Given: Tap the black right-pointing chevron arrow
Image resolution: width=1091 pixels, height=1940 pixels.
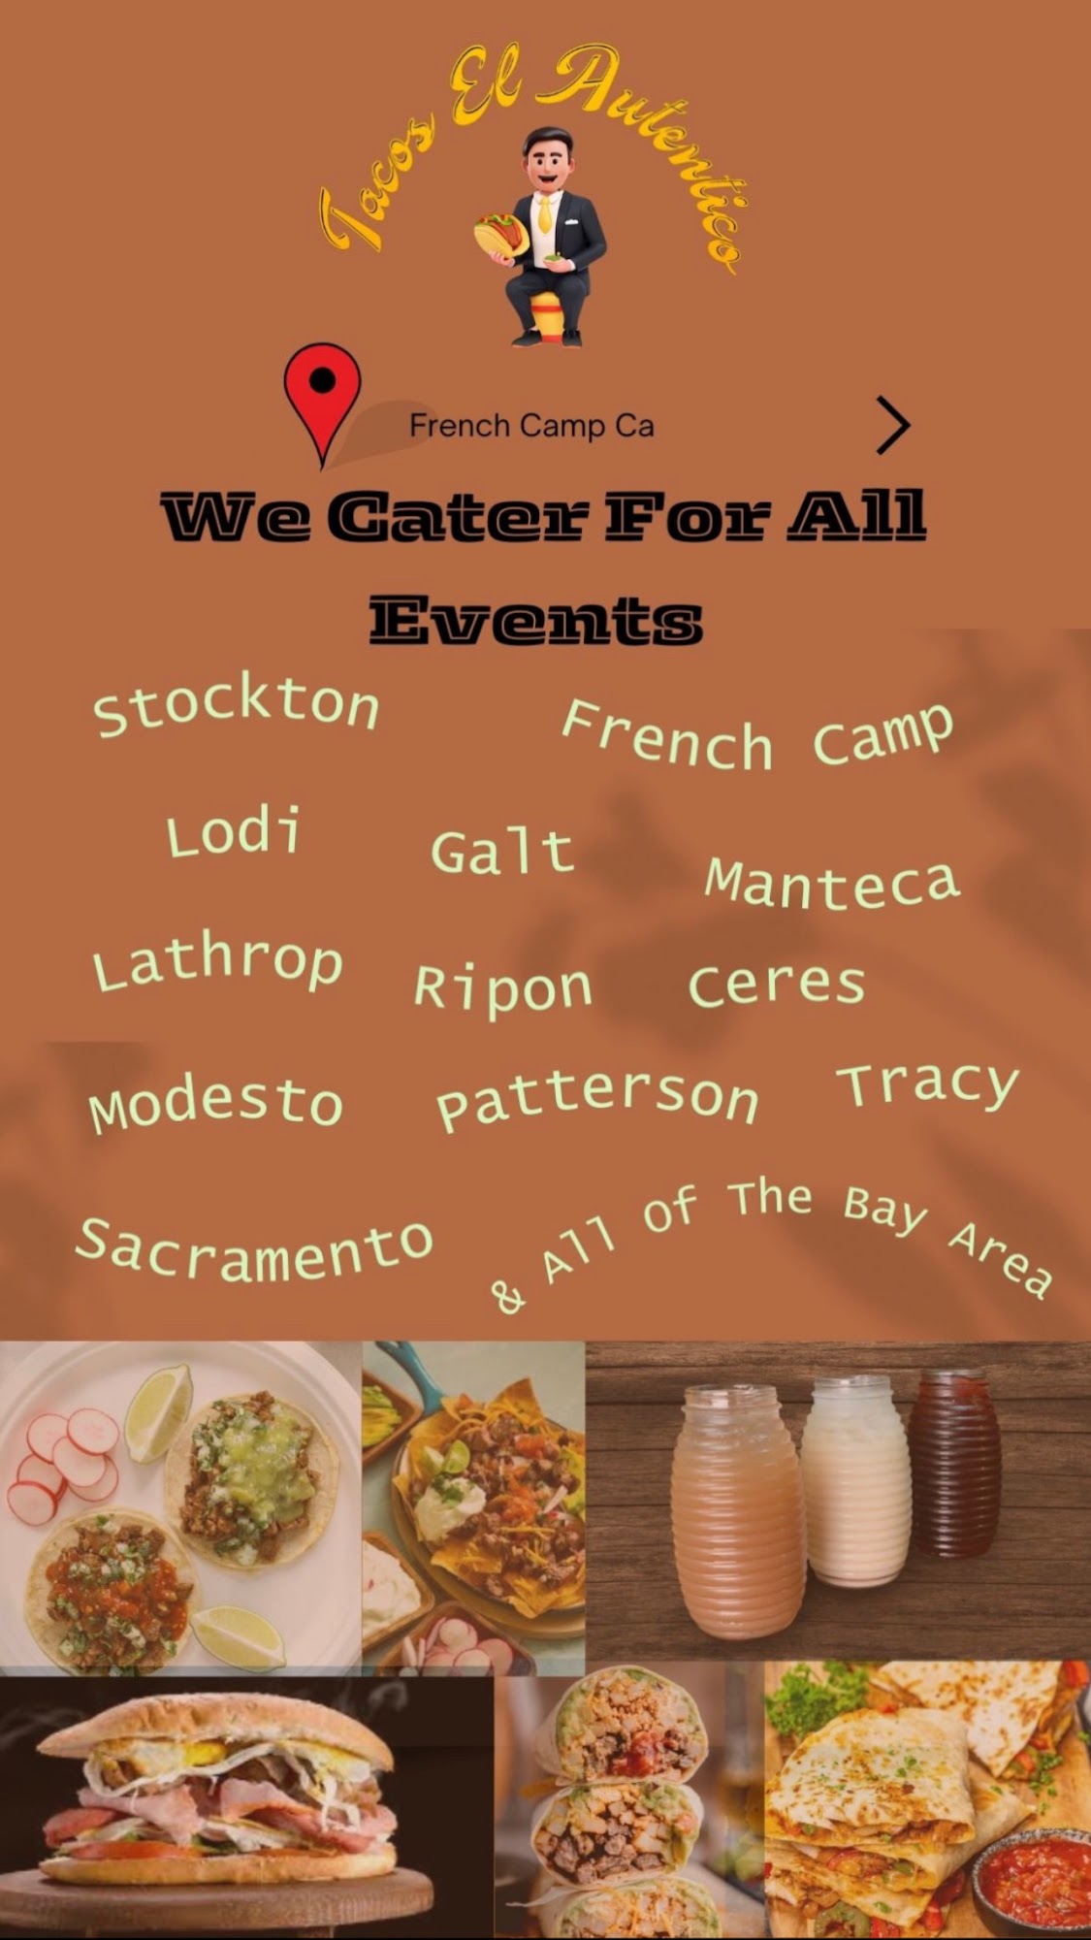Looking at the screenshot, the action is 893,425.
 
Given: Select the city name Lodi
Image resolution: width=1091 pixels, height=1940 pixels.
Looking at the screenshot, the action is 234,833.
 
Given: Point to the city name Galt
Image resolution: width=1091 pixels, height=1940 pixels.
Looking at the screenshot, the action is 502,852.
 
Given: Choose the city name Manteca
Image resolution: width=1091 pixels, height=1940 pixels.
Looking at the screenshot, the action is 832,882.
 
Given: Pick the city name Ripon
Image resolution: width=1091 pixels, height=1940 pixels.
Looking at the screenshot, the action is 502,989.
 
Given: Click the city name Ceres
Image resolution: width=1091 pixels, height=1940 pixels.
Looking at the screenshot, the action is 776,985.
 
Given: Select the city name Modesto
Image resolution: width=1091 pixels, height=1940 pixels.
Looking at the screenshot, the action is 216,1104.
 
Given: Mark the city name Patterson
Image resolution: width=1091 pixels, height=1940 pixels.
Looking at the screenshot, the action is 596,1100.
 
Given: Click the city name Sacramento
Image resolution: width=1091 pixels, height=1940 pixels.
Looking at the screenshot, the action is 254,1251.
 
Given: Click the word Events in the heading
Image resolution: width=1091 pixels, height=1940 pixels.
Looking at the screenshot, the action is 535,621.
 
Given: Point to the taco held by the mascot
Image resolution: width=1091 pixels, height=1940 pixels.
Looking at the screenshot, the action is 500,236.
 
